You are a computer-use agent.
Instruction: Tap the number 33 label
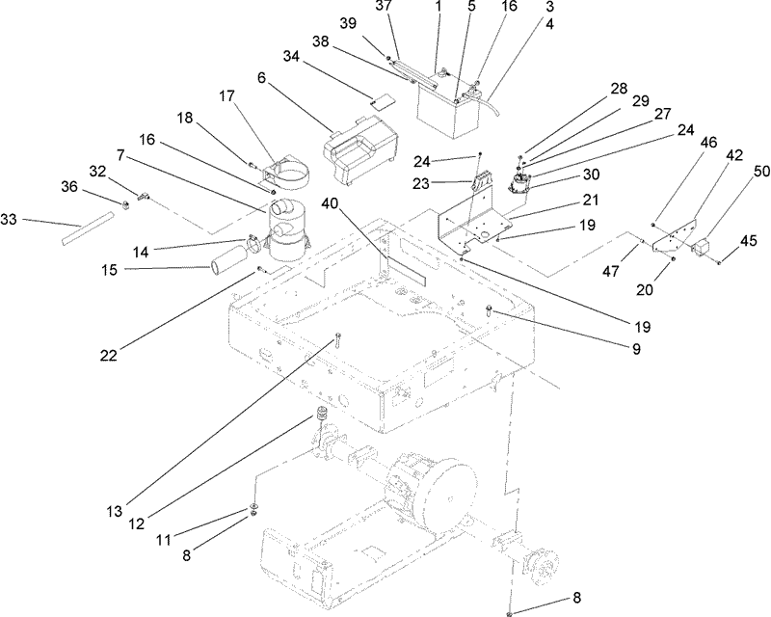click(11, 222)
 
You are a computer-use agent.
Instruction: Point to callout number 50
click(735, 171)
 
